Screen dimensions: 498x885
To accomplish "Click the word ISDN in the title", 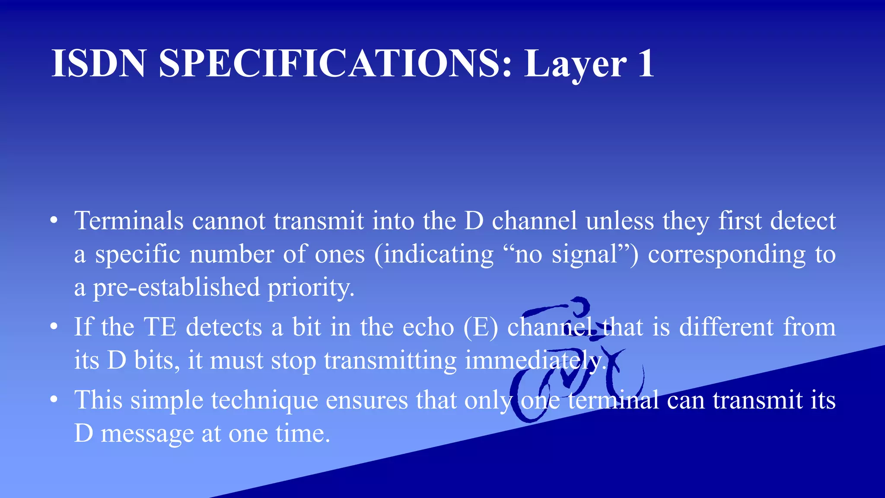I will pyautogui.click(x=99, y=64).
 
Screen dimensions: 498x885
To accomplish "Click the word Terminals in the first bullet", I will pyautogui.click(x=129, y=221).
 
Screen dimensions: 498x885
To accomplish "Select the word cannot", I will pyautogui.click(x=229, y=221).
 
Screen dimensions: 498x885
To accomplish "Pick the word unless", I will pyautogui.click(x=620, y=221).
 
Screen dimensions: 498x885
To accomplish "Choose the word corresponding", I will pyautogui.click(x=727, y=255).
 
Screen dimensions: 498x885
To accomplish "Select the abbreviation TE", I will pyautogui.click(x=160, y=327).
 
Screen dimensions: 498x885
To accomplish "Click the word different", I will pyautogui.click(x=726, y=327).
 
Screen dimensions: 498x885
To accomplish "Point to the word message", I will pyautogui.click(x=147, y=434).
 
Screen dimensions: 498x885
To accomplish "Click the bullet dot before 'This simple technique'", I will pyautogui.click(x=54, y=400).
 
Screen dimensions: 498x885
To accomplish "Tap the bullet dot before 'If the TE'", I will pyautogui.click(x=54, y=327).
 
